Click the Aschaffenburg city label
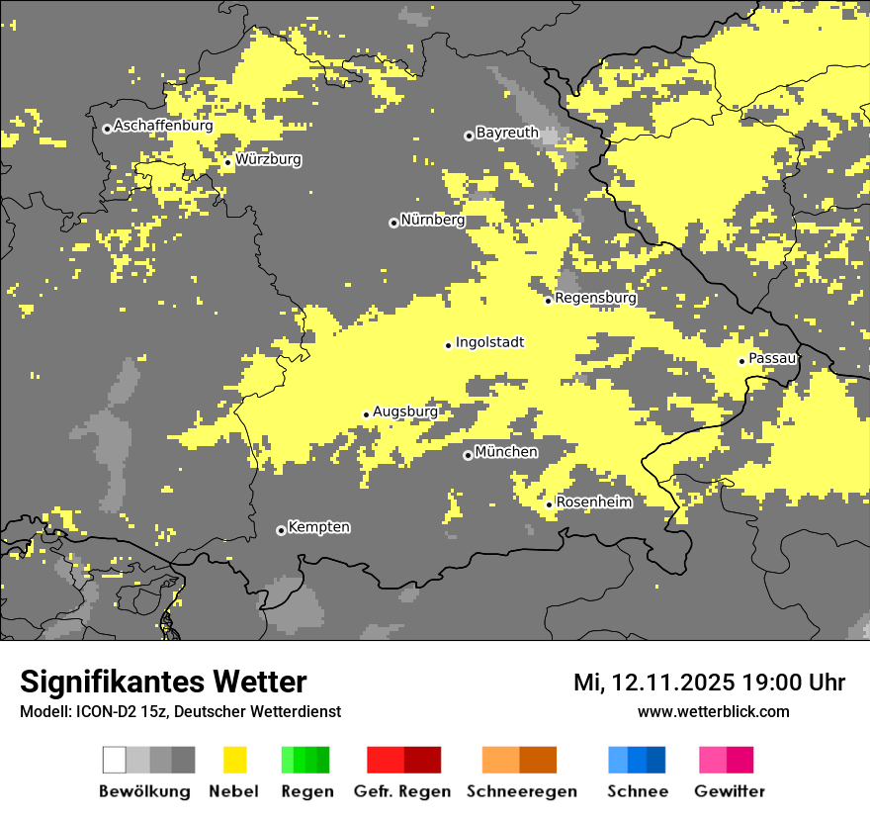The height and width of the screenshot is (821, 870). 163,126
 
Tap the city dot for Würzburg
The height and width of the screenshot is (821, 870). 227,162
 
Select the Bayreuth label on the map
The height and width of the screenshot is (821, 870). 507,132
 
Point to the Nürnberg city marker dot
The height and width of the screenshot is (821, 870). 393,223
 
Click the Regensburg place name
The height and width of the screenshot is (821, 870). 595,298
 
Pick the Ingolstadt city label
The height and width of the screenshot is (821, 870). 489,342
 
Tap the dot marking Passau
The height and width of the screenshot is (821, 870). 741,361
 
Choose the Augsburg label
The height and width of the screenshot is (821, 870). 404,411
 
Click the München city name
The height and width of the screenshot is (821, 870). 506,452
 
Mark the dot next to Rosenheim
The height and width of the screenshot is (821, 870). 549,505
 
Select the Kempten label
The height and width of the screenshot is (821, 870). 318,527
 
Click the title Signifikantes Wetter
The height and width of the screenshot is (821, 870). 163,682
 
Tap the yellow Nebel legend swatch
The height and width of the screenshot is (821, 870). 234,760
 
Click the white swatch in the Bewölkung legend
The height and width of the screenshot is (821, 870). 114,760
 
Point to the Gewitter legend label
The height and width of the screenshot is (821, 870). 730,791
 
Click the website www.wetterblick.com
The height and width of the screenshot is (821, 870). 713,711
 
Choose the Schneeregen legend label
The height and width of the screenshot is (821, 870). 521,791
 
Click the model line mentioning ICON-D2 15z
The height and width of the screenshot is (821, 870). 180,711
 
